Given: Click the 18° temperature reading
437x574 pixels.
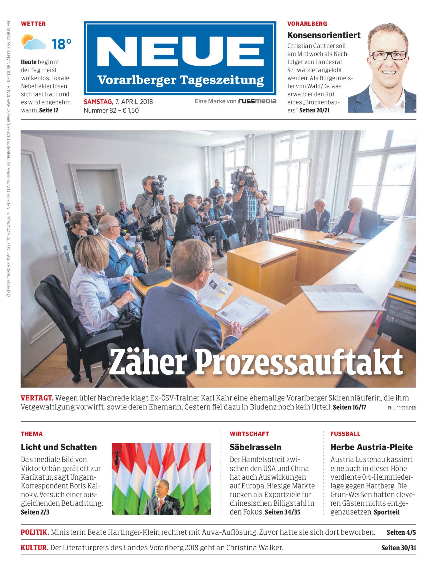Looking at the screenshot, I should click(x=61, y=44).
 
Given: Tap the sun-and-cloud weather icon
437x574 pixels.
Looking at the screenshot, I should click(x=33, y=42).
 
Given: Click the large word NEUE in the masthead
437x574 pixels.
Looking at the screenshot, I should click(x=180, y=52).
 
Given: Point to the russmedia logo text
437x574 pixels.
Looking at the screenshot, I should click(x=257, y=101).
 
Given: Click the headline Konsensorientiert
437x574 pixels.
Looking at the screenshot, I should click(x=324, y=35).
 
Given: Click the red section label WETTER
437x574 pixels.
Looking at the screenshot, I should click(x=33, y=24).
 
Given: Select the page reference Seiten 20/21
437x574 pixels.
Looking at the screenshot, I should click(x=314, y=110).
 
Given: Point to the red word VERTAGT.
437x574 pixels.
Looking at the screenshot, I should click(x=37, y=398).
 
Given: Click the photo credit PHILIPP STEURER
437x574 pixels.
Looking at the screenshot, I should click(x=402, y=408).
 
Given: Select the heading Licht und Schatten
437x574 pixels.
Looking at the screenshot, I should click(x=59, y=447).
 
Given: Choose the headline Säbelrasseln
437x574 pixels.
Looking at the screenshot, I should click(x=255, y=447).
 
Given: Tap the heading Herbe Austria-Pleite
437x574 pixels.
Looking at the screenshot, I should click(x=371, y=447).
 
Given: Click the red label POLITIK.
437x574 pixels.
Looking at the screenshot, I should click(x=35, y=532).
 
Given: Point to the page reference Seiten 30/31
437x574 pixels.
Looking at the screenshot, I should click(x=398, y=548).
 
